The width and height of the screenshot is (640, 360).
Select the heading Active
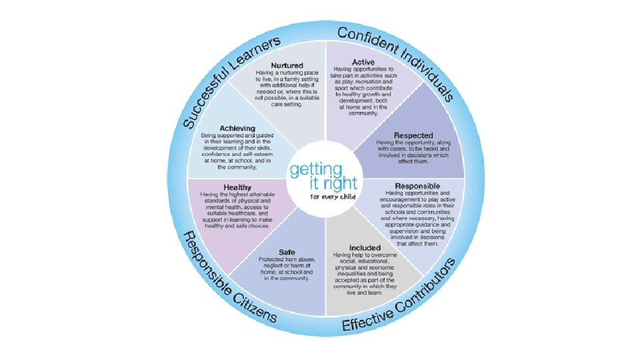(363, 62)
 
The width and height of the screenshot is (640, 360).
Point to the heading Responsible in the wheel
(417, 185)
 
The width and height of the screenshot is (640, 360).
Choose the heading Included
(365, 248)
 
